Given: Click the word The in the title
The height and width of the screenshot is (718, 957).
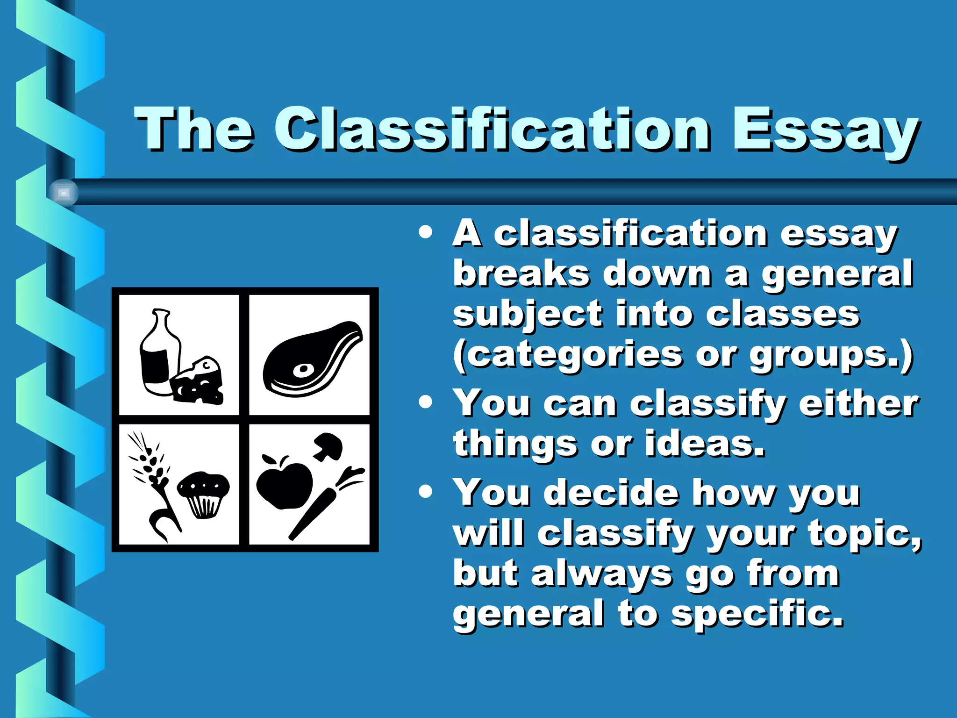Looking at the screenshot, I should tap(194, 129).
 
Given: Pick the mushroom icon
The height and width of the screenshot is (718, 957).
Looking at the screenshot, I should tap(328, 446).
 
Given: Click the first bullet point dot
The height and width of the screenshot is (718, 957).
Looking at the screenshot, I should tap(425, 232).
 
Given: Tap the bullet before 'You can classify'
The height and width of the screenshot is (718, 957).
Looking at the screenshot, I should tap(425, 402).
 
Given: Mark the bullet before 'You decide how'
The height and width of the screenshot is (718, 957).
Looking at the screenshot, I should tap(425, 491).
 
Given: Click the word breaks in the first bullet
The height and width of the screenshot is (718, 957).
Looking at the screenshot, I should tap(521, 273).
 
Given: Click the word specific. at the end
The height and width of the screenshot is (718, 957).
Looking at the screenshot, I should tap(757, 615).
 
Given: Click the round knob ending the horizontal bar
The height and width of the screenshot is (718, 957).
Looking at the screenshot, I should tap(64, 192).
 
